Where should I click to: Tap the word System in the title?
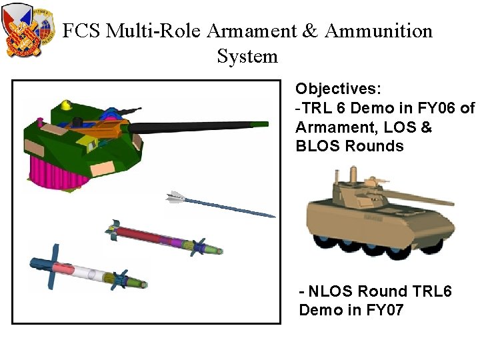pyautogui.click(x=247, y=56)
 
